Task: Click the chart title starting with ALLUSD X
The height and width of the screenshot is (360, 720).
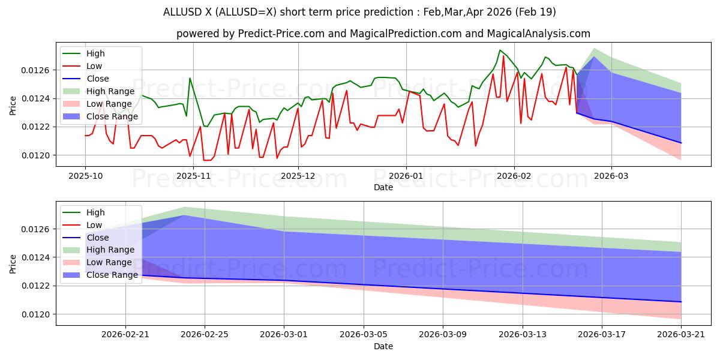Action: pyautogui.click(x=359, y=12)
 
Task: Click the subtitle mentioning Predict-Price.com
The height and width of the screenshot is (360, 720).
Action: pyautogui.click(x=383, y=34)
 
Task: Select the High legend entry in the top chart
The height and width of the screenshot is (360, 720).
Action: pyautogui.click(x=95, y=53)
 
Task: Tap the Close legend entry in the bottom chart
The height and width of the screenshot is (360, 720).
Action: pyautogui.click(x=97, y=238)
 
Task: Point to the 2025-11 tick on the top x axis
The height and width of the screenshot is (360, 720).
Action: pyautogui.click(x=191, y=176)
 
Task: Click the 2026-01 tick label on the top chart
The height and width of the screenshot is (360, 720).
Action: pyautogui.click(x=406, y=176)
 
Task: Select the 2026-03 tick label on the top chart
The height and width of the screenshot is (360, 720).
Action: pyautogui.click(x=611, y=176)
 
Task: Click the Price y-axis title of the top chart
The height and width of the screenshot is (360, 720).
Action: pyautogui.click(x=13, y=106)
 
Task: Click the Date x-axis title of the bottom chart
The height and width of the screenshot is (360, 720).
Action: pyautogui.click(x=383, y=346)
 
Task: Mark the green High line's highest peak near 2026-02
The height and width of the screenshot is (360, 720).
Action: pyautogui.click(x=500, y=50)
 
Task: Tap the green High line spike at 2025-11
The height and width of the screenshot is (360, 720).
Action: pyautogui.click(x=190, y=78)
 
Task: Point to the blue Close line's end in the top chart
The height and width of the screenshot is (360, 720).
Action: pyautogui.click(x=681, y=143)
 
